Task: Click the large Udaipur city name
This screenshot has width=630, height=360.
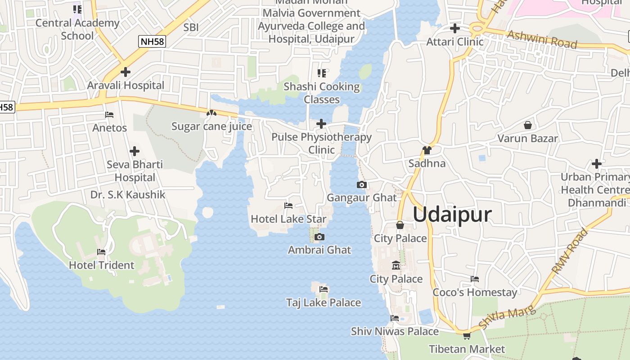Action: [452, 215]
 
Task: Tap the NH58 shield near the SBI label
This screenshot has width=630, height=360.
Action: [152, 42]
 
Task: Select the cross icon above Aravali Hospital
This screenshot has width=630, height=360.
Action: [126, 72]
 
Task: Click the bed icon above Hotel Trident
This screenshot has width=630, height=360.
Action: [101, 252]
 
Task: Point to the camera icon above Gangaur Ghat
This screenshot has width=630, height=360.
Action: [361, 184]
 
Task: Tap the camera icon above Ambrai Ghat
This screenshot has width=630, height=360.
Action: [319, 237]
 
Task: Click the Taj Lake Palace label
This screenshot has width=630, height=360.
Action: [324, 303]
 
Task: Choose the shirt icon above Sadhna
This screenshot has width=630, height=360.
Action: [427, 150]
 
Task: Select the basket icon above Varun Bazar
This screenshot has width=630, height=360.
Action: [527, 125]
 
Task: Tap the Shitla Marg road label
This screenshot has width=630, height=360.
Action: [507, 317]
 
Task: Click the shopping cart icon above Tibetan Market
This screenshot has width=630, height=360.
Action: [467, 336]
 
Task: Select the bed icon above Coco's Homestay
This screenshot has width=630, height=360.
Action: [475, 279]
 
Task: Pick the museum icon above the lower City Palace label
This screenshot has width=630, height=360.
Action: [396, 265]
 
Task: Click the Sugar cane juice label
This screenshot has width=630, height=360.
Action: [211, 126]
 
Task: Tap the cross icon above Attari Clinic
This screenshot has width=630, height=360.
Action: [455, 28]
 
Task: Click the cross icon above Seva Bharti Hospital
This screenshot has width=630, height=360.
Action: [134, 151]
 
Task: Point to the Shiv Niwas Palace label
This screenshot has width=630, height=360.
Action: [395, 332]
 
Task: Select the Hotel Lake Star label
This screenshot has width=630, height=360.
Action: [288, 219]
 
